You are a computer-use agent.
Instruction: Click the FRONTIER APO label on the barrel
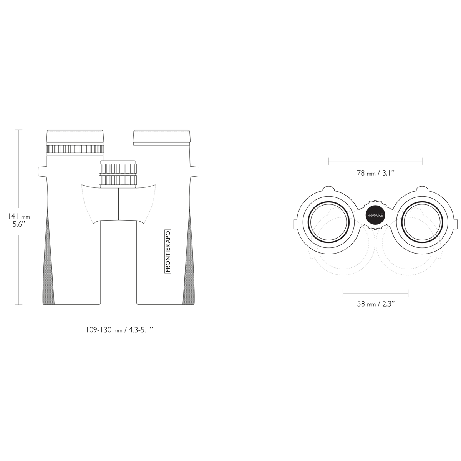point(168,251)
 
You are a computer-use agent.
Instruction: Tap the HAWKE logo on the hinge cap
point(375,215)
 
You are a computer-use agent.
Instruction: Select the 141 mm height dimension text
point(19,217)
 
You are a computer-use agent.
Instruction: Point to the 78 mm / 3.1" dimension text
point(375,173)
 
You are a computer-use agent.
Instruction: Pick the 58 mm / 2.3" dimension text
point(375,304)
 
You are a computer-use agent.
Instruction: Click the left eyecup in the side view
point(75,137)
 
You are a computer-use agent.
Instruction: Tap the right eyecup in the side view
point(162,137)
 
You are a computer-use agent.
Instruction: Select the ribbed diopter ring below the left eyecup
point(75,149)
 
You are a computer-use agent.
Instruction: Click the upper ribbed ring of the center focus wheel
point(118,168)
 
